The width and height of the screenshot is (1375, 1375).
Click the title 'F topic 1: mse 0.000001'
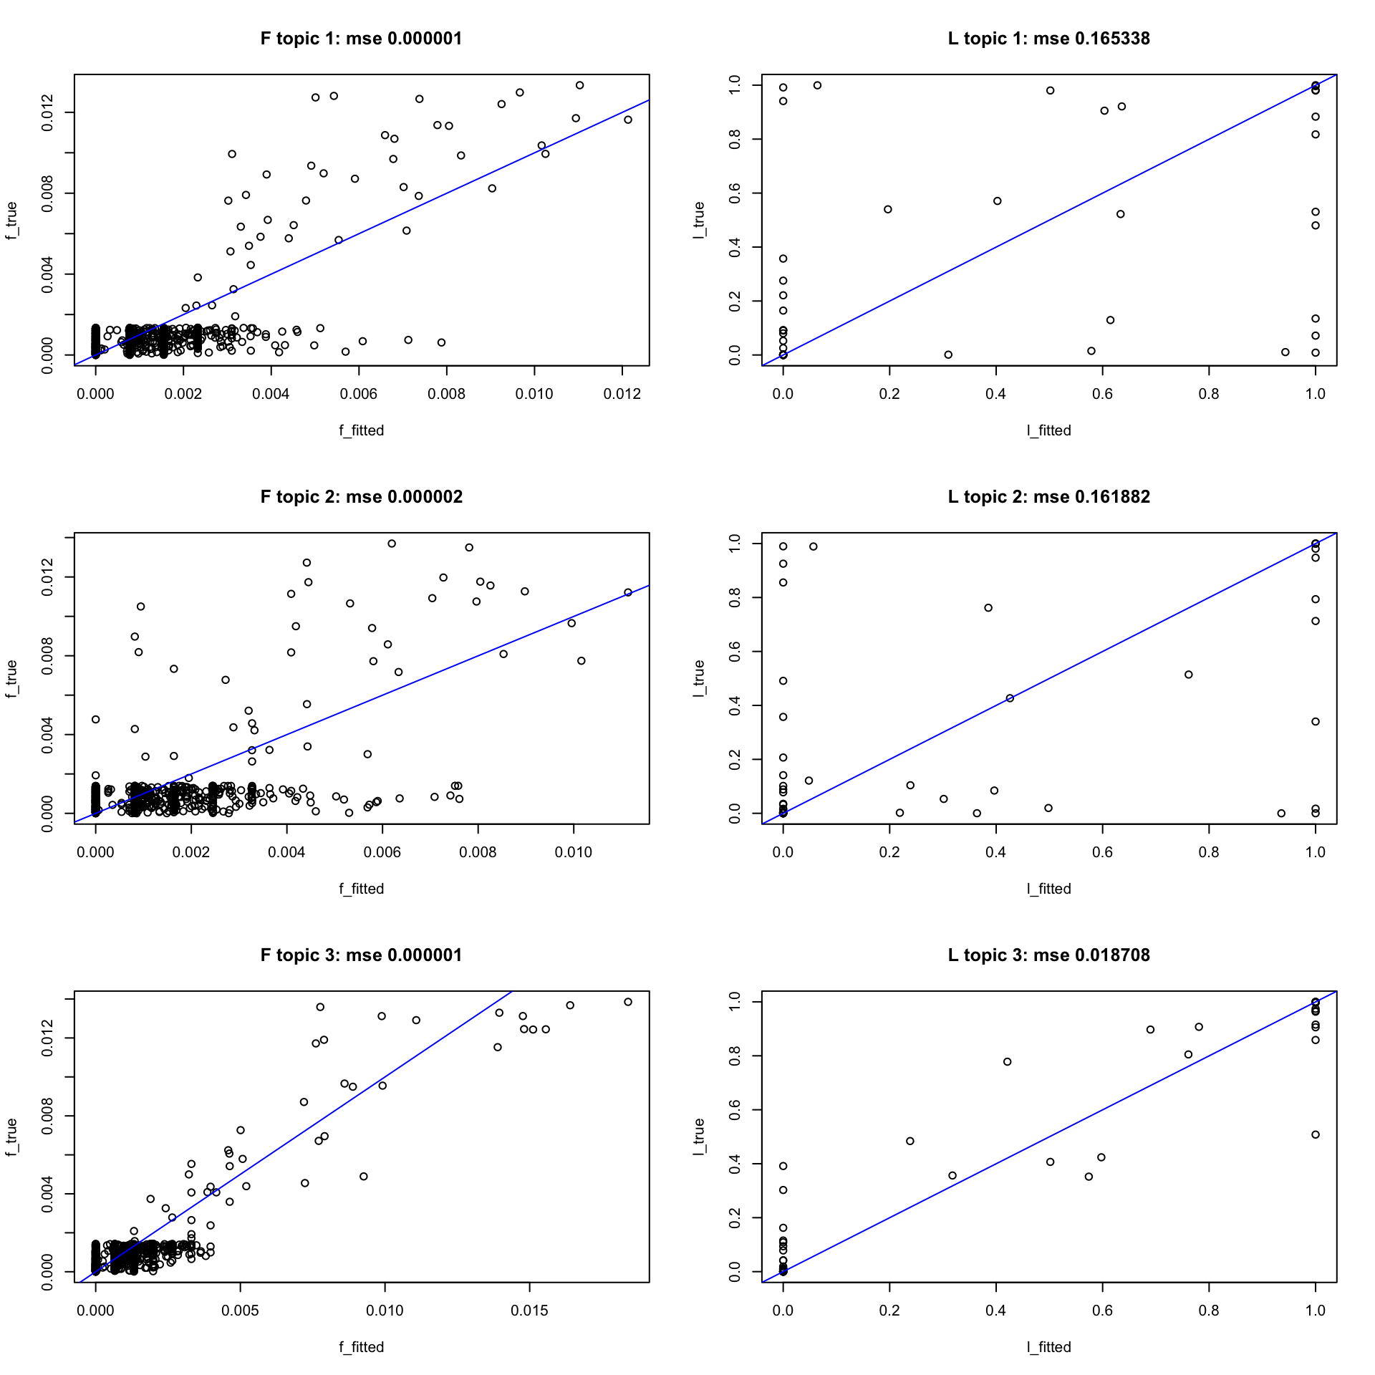[361, 39]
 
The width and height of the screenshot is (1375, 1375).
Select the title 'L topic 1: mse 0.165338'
[1048, 39]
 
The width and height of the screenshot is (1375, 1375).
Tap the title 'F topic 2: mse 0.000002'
[361, 497]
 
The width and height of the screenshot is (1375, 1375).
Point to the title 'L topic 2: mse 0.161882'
[1048, 497]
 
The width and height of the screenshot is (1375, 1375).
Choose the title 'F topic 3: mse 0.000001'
[361, 955]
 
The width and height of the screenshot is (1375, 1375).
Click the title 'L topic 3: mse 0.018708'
[1048, 955]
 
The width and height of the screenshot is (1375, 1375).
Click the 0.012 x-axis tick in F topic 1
[622, 394]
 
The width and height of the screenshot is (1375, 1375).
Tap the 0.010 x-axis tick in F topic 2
[574, 852]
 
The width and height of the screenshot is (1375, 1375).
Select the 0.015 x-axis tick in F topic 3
[529, 1311]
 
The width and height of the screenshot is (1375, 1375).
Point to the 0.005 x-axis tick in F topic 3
[240, 1311]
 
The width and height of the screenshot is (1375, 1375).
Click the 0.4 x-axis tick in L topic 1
[995, 394]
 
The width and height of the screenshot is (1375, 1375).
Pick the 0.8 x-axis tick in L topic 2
[1209, 852]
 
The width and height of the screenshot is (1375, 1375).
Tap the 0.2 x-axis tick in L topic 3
[889, 1311]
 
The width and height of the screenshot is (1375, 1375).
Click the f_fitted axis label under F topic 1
[361, 430]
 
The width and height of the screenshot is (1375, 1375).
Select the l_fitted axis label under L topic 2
[1048, 889]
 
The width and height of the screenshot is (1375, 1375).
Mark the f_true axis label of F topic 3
[11, 1137]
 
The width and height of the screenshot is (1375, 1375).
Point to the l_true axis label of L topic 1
[699, 220]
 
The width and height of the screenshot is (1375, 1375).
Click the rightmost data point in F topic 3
[628, 1002]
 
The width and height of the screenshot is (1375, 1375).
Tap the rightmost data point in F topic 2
[628, 592]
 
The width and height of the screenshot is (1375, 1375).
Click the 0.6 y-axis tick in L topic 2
[735, 652]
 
